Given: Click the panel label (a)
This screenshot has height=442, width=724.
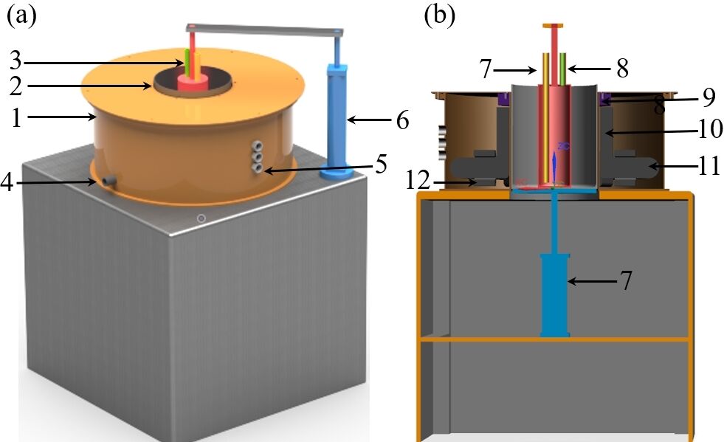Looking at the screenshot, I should (21, 15).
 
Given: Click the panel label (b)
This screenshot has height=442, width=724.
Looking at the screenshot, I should (440, 15).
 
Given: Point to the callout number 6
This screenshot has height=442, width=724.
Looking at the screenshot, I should (402, 120).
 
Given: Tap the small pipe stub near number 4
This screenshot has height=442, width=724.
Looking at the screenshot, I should (108, 179).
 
